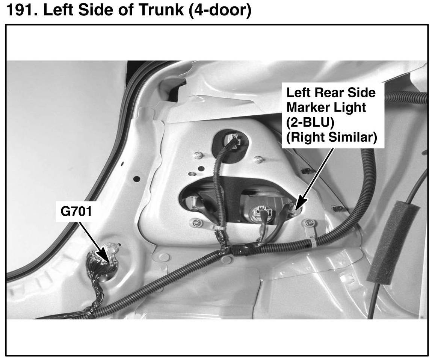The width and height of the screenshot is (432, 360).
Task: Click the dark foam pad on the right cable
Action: click(393, 241)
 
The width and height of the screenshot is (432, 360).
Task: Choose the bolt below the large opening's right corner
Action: click(309, 223)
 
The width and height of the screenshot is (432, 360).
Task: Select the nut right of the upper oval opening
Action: click(257, 159)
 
